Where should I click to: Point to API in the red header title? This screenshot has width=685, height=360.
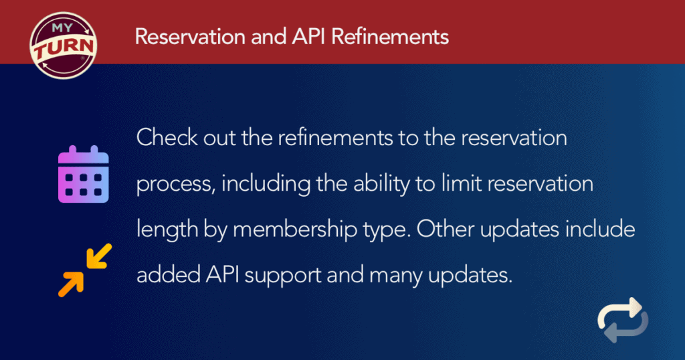click(x=308, y=36)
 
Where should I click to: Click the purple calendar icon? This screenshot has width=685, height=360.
click(x=84, y=176)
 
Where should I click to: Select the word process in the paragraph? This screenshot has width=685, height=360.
click(x=175, y=184)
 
